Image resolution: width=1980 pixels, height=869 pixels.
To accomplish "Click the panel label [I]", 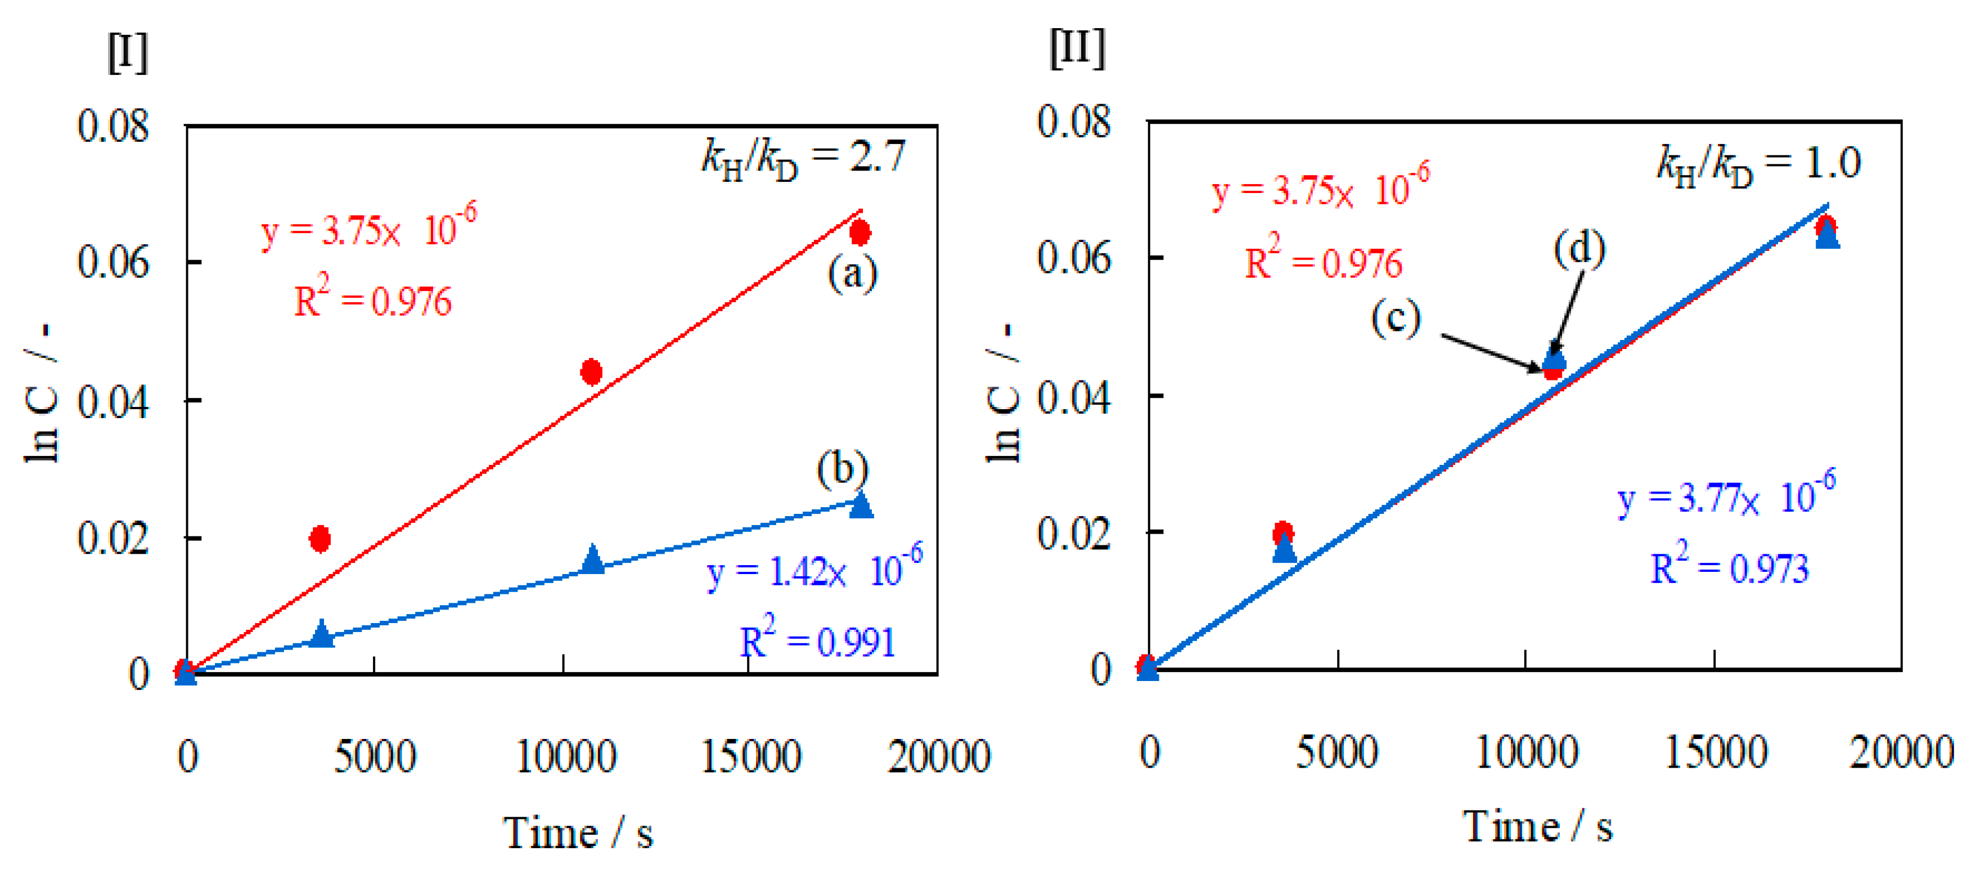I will click(128, 53).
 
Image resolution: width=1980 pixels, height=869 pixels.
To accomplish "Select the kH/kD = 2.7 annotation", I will click(804, 158).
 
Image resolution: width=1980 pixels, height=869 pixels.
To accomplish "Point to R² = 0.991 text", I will click(818, 640).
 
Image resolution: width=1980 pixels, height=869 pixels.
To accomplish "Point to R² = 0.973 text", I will click(1730, 567).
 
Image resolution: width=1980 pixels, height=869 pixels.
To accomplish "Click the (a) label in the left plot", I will click(852, 273).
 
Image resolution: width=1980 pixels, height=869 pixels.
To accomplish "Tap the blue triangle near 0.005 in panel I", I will click(322, 634).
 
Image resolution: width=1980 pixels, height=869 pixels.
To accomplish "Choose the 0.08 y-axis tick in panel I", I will click(113, 126).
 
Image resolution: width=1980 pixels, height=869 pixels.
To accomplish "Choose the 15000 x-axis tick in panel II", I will click(1716, 752).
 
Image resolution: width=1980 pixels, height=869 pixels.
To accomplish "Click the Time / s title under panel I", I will click(578, 834).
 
